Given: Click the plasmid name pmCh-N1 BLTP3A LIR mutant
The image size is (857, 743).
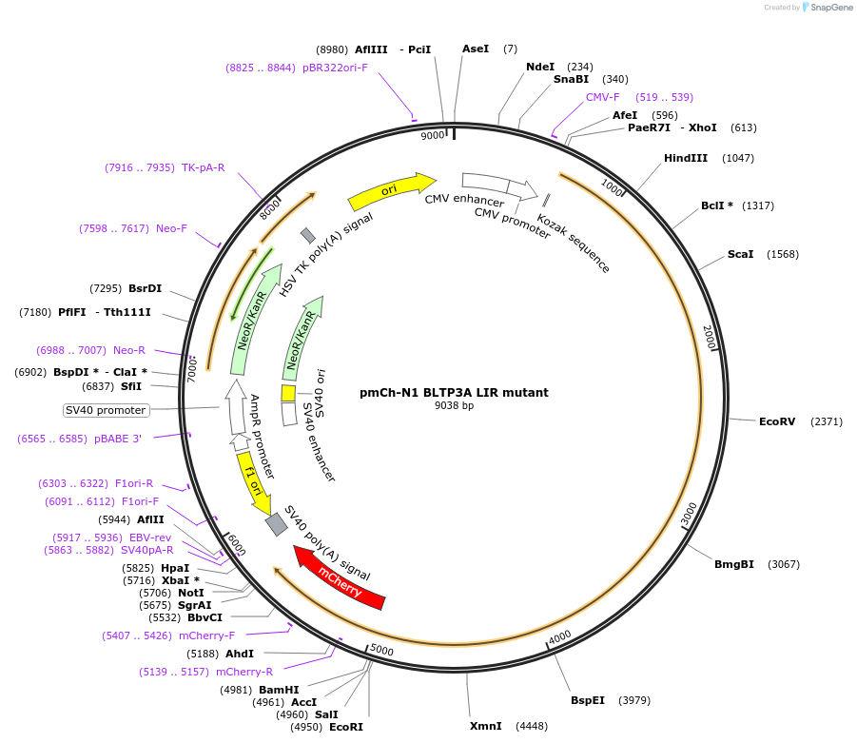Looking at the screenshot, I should (454, 392).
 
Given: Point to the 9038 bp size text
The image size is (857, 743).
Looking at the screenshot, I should (454, 405).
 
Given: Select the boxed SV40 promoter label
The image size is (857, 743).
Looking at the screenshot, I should (107, 410).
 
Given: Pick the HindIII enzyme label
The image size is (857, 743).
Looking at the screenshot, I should (685, 158).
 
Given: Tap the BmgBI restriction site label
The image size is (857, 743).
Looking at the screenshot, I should (734, 564).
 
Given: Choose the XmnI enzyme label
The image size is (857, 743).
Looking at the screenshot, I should (485, 727).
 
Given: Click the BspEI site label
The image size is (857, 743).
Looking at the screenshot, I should (588, 701).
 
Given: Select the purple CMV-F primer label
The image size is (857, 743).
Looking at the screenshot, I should (602, 97).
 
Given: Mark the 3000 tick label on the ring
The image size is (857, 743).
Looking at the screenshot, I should (689, 514).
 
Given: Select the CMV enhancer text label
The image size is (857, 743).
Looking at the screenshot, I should (464, 200).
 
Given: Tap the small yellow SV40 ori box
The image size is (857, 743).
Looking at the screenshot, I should (288, 393).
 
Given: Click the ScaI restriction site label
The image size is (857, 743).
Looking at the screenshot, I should (740, 254).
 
